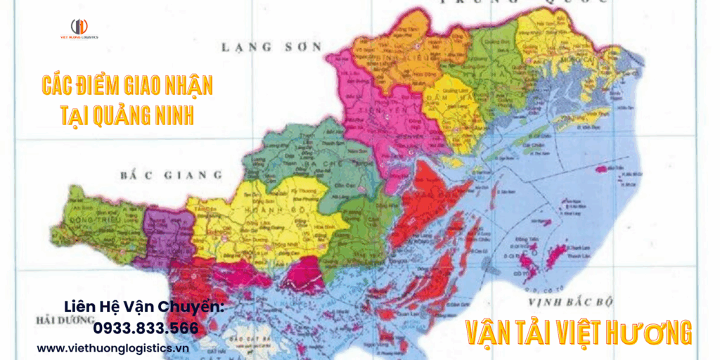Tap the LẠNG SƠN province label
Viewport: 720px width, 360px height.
(x=271, y=47)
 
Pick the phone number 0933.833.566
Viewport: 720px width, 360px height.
(x=146, y=328)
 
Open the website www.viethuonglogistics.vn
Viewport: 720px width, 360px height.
(x=113, y=347)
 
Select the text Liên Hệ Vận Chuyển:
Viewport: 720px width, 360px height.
(x=143, y=307)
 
